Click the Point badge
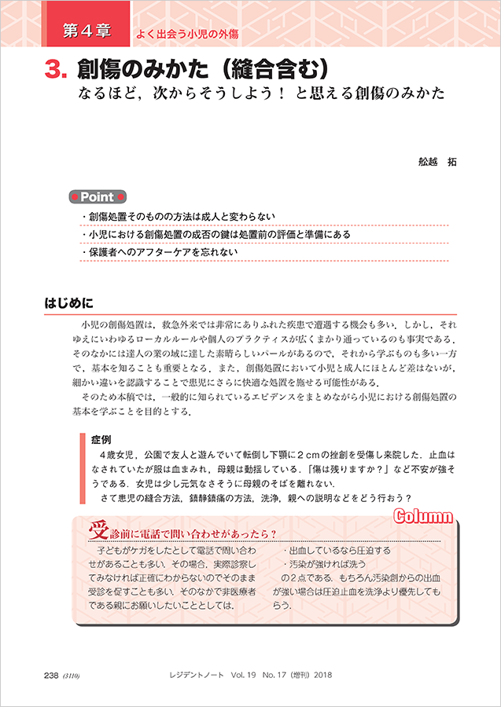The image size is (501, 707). [x=98, y=197]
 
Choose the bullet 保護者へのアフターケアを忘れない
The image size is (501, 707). [x=164, y=252]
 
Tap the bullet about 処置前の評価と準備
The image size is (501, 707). [x=219, y=235]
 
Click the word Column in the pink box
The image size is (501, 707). [x=423, y=516]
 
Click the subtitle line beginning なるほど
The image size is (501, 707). [x=260, y=93]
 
